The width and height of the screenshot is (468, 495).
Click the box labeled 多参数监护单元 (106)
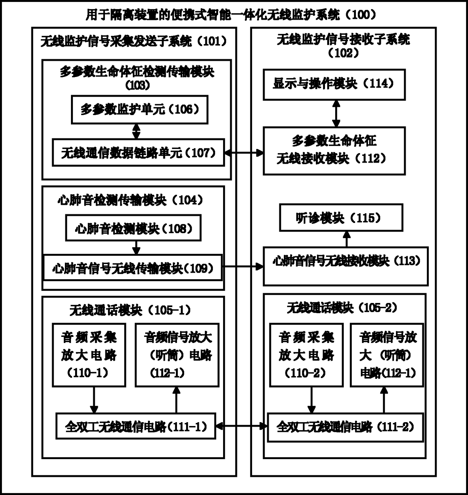pyautogui.click(x=140, y=110)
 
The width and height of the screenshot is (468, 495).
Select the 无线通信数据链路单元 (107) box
pyautogui.click(x=138, y=153)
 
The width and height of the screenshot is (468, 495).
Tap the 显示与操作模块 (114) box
pyautogui.click(x=334, y=84)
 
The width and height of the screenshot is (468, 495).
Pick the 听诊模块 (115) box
pyautogui.click(x=341, y=218)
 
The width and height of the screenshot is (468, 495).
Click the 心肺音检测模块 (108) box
pyautogui.click(x=133, y=228)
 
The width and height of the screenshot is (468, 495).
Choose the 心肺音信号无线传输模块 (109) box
pyautogui.click(x=133, y=268)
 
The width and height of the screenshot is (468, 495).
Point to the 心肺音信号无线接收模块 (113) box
pyautogui.click(x=345, y=266)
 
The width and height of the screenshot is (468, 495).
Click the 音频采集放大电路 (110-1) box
pyautogui.click(x=89, y=355)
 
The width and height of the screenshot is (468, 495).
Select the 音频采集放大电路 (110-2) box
pyautogui.click(x=306, y=355)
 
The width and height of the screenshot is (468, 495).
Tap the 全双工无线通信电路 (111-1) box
pyautogui.click(x=136, y=427)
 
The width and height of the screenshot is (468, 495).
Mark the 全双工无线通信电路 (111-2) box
pyautogui.click(x=345, y=427)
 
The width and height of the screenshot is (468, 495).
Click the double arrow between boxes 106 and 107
pyautogui.click(x=136, y=131)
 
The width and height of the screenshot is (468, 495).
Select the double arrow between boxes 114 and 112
pyautogui.click(x=336, y=114)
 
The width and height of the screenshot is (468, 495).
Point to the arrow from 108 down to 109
pyautogui.click(x=137, y=247)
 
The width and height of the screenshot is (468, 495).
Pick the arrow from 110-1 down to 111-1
pyautogui.click(x=94, y=400)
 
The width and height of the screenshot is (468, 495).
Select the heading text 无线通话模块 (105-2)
pyautogui.click(x=342, y=308)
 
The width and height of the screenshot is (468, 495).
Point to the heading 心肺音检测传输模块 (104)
pyautogui.click(x=130, y=200)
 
